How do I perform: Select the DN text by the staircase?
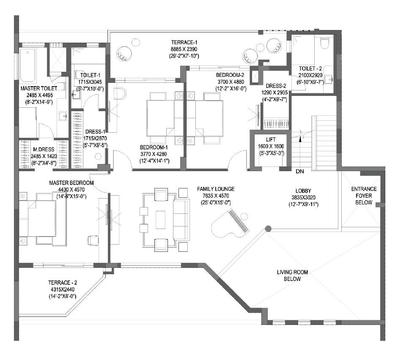coord(299,172)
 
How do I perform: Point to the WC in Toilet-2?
coord(325,43)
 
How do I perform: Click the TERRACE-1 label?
coord(184,42)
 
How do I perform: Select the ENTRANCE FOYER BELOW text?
coord(364,196)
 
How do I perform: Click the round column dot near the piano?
coord(268,229)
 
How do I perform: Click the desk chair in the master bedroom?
coord(93,239)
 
